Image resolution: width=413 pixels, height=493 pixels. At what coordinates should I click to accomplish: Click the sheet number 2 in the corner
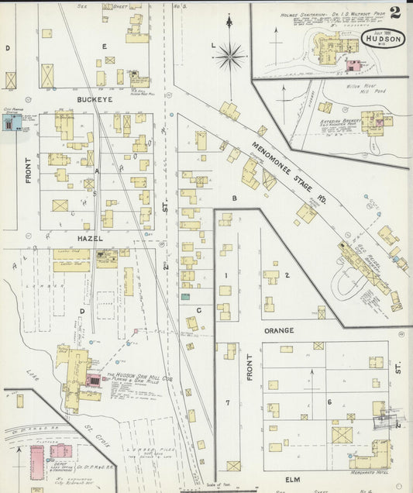point(396,12)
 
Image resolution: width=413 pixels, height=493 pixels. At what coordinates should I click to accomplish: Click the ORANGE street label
point(278,331)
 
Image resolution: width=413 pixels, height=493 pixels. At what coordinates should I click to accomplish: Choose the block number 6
point(329,402)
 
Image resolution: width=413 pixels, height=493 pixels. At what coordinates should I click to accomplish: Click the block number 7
point(227,403)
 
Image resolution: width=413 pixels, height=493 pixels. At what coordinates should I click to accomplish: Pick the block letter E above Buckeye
point(103,46)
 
